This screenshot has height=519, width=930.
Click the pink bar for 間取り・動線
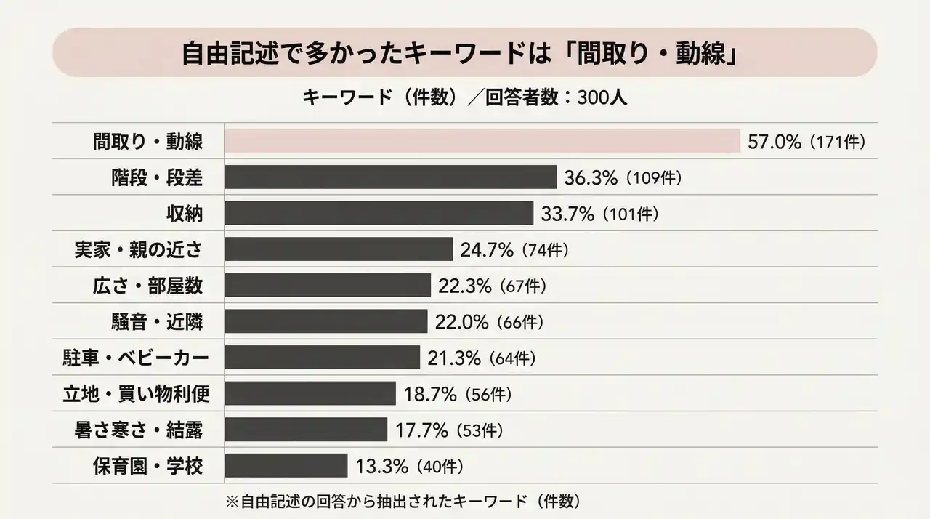(x=482, y=141)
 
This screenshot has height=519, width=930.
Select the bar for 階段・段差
(x=390, y=177)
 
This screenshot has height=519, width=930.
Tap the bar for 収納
(x=379, y=213)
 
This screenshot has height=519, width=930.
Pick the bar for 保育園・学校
(x=286, y=465)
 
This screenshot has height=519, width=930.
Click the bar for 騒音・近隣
(x=325, y=321)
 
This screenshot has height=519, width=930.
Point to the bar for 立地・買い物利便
(x=310, y=393)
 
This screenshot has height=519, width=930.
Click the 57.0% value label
(x=775, y=142)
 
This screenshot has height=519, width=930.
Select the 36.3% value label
(x=591, y=177)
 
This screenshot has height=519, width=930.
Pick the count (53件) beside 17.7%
(x=480, y=430)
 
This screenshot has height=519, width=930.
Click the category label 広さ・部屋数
(x=148, y=286)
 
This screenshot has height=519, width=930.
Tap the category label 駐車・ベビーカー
(x=136, y=358)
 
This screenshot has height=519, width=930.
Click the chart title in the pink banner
(x=464, y=53)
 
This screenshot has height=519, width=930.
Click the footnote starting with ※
(x=403, y=501)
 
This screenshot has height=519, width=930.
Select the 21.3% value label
(x=453, y=358)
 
